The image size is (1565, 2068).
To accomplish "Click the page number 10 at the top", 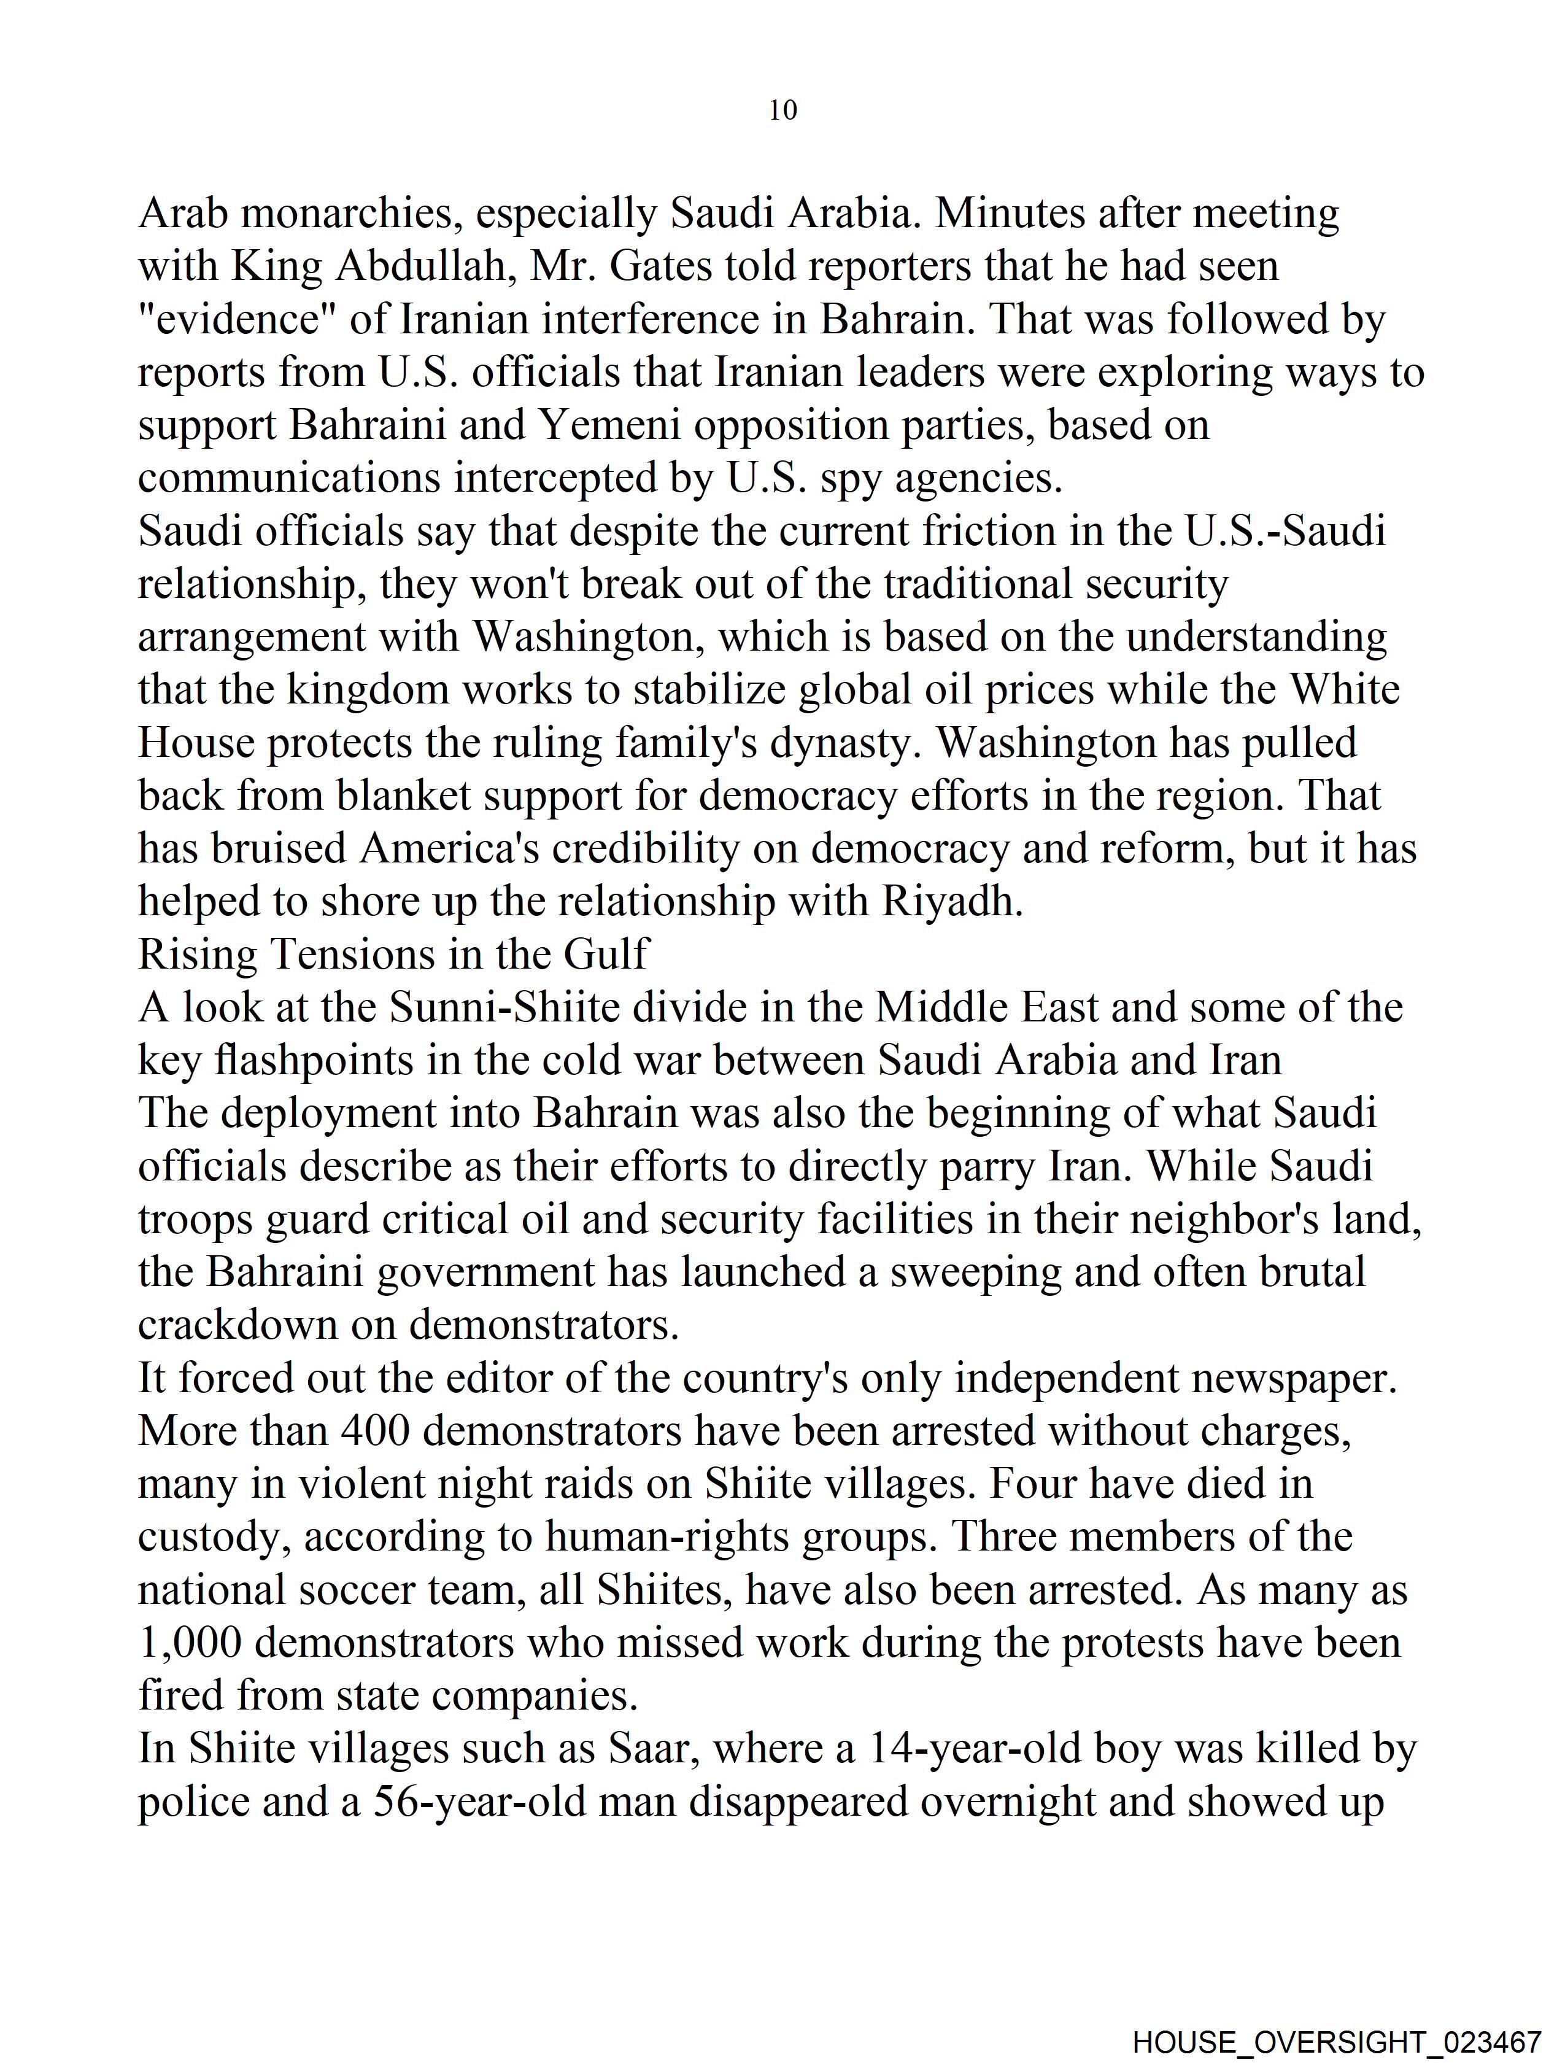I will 782,110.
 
